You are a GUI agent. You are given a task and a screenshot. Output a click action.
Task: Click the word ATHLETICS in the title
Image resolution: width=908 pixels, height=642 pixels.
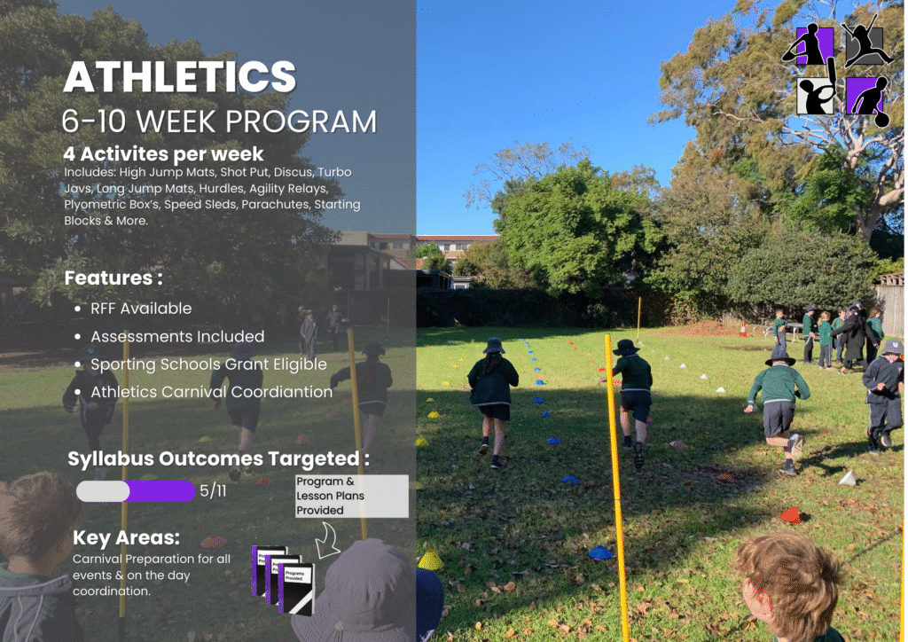click(179, 76)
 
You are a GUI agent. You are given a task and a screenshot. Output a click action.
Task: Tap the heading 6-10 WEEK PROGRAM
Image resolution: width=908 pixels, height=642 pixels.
click(220, 121)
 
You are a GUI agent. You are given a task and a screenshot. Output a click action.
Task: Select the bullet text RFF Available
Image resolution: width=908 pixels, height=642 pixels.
click(141, 309)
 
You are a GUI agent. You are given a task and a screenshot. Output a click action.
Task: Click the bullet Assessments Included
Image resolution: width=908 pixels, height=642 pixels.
click(177, 336)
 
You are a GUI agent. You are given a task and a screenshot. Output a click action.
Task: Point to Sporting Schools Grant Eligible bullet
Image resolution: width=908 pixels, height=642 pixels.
click(208, 364)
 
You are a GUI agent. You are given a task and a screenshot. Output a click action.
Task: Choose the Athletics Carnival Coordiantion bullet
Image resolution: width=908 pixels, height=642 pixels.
click(211, 392)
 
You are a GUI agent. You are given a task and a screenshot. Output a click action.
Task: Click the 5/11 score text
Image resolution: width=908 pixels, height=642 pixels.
click(213, 491)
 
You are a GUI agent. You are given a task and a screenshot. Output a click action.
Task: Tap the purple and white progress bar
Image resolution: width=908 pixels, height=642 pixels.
click(136, 491)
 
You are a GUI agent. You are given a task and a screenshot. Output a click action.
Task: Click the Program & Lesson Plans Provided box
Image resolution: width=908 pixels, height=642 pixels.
click(351, 496)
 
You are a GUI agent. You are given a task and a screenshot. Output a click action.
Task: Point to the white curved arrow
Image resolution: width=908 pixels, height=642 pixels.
click(328, 541)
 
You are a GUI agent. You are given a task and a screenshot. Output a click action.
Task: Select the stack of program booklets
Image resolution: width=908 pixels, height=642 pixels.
click(283, 579)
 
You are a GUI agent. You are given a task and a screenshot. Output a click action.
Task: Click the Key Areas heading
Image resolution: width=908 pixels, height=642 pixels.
click(126, 537)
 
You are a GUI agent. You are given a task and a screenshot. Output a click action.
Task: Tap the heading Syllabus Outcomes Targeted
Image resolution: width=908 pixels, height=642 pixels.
click(218, 458)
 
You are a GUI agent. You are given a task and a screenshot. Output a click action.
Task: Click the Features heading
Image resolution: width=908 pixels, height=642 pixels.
click(113, 278)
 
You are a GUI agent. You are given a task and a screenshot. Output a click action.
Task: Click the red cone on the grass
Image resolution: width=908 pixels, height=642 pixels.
click(790, 514)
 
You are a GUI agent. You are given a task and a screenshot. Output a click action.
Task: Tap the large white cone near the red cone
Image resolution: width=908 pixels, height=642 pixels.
click(848, 478)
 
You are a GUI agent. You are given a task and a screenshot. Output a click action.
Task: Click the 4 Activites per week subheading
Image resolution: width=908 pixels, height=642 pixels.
click(163, 154)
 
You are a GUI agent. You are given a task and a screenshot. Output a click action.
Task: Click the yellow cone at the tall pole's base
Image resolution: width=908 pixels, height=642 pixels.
click(430, 560)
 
